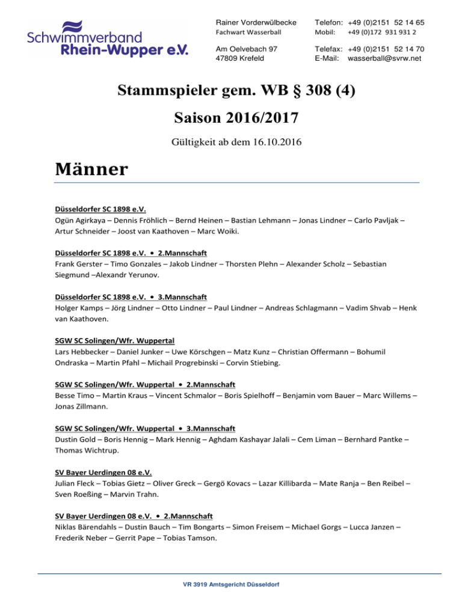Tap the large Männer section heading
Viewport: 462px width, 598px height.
pyautogui.click(x=90, y=170)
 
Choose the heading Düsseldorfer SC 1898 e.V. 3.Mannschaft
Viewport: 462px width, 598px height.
pyautogui.click(x=131, y=297)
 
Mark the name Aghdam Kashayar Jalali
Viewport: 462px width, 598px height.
pyautogui.click(x=238, y=440)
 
